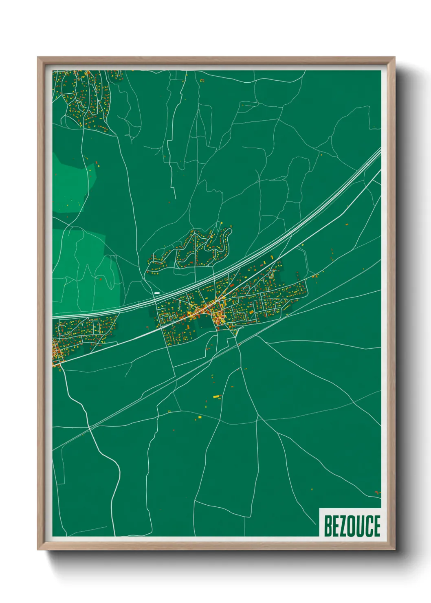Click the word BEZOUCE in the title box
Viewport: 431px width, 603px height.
[x=352, y=526]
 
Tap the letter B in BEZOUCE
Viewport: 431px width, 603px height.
[x=328, y=526]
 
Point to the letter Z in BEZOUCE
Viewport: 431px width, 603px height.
[x=343, y=526]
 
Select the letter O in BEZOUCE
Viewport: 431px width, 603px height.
[x=352, y=526]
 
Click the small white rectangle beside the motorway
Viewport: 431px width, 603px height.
[x=157, y=293]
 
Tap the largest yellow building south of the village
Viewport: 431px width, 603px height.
[x=216, y=396]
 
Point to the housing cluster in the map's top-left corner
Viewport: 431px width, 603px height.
[x=84, y=98]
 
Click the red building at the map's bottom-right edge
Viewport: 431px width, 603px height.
[x=377, y=493]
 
